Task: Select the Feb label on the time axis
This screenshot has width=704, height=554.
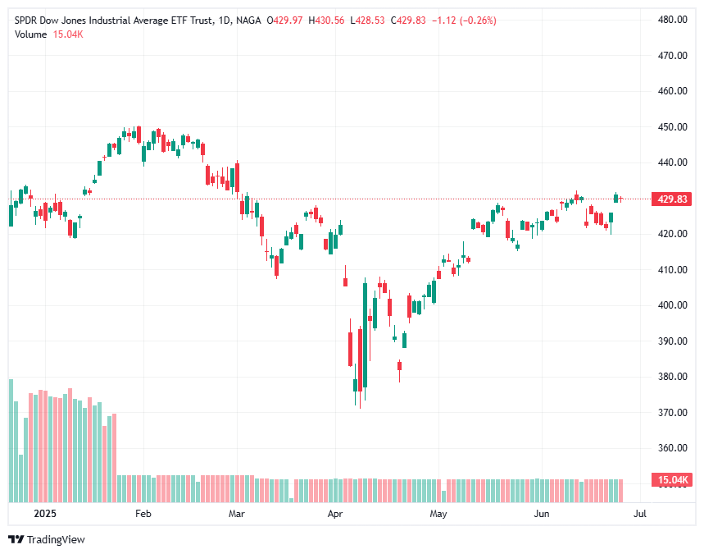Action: tap(143, 515)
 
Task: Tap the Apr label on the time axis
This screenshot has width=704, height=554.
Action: tap(334, 515)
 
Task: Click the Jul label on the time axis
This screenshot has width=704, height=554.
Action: tap(640, 515)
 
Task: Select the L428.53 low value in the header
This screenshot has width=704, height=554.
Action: tap(366, 20)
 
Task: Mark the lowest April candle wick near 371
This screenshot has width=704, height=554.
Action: tap(359, 405)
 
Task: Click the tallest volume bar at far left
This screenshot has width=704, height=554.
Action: tap(11, 440)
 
